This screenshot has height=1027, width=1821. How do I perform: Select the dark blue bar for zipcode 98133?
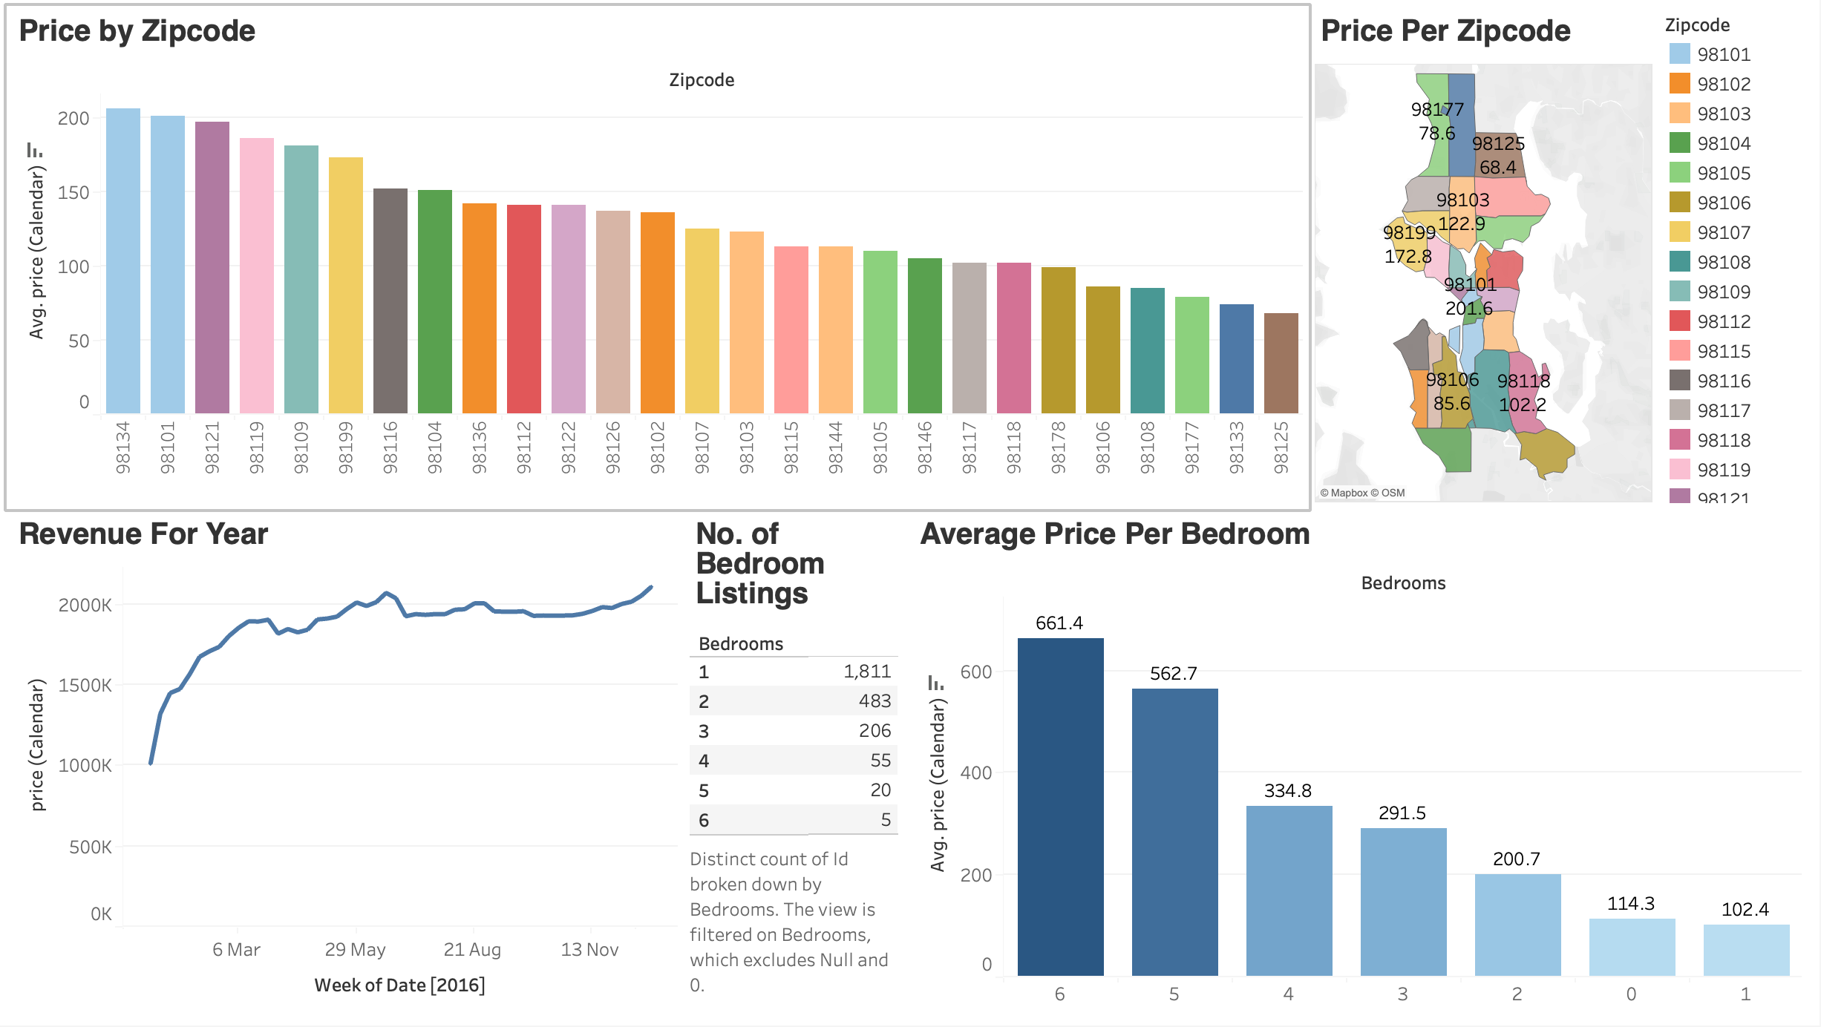(1236, 359)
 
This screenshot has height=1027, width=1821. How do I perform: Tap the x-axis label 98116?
(390, 447)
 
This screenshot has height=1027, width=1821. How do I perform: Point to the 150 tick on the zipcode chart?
(73, 193)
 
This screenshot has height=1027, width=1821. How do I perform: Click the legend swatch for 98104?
(1679, 143)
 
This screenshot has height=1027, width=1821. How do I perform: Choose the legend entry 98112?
(1723, 321)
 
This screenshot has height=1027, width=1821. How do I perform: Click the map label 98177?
(1437, 110)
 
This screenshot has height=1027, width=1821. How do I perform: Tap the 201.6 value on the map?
(1468, 308)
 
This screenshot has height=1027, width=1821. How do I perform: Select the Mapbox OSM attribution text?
(1362, 493)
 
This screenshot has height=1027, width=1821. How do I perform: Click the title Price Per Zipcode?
(1445, 31)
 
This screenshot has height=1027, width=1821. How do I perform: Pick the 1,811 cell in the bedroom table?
(866, 672)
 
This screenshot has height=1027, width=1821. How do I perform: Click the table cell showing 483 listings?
(874, 701)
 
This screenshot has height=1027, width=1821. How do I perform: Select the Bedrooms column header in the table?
(741, 644)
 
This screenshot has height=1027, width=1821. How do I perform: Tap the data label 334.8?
(1287, 791)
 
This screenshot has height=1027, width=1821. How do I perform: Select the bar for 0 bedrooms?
(1632, 948)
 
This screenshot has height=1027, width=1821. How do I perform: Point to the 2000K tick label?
(85, 606)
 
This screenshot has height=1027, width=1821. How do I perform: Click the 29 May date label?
(355, 950)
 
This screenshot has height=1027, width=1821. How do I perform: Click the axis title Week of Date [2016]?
(399, 985)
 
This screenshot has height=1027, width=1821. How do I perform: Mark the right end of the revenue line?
(651, 587)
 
